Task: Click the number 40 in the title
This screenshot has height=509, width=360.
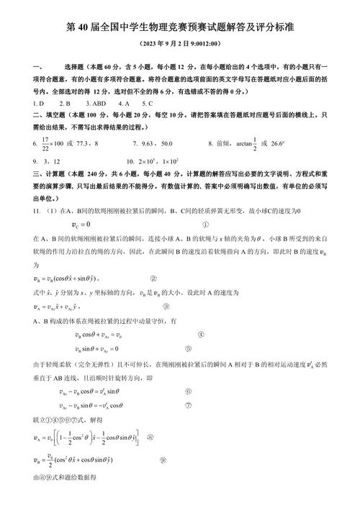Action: (x=83, y=27)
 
